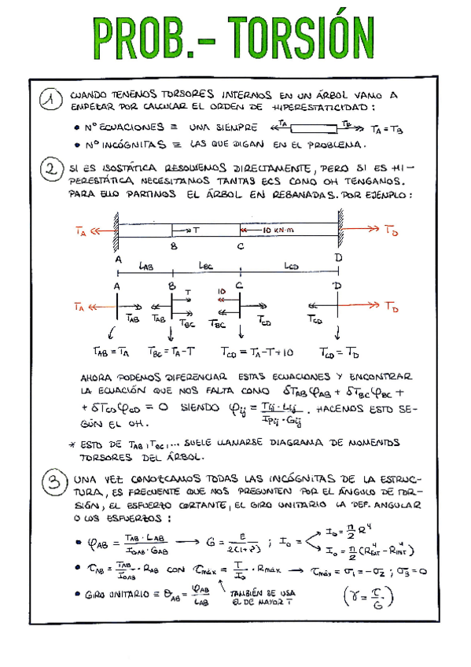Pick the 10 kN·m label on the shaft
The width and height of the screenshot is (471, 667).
click(x=270, y=230)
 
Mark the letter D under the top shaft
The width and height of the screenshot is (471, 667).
click(x=337, y=258)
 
